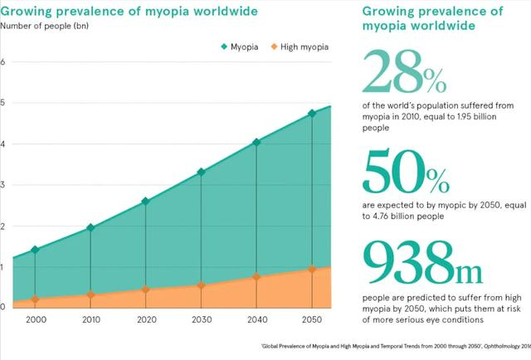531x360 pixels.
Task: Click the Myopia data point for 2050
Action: (312, 114)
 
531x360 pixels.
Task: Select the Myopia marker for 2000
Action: (35, 250)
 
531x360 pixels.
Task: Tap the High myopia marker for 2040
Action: (256, 277)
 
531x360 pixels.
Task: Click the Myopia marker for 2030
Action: (202, 173)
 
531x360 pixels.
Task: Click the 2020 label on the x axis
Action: (147, 320)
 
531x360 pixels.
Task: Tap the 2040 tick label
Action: (256, 320)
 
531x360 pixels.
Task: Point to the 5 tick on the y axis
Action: (3, 103)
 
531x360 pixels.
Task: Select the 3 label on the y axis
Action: (3, 184)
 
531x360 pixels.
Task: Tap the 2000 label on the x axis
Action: (35, 320)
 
